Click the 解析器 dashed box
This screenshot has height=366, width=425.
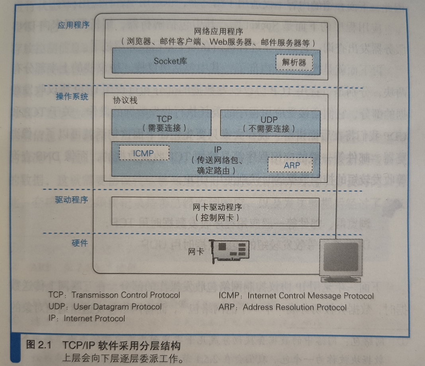coord(294,62)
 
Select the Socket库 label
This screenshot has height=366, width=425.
coord(170,61)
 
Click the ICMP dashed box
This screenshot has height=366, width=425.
coord(144,152)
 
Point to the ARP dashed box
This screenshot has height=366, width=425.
coord(289,164)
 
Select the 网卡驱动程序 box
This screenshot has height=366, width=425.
coord(216,212)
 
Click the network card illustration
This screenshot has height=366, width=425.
coord(230,251)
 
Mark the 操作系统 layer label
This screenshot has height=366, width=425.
coord(72,97)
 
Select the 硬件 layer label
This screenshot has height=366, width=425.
coord(80,243)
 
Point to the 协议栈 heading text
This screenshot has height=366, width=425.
coord(125,100)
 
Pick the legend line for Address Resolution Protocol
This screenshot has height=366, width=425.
coord(282,307)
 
